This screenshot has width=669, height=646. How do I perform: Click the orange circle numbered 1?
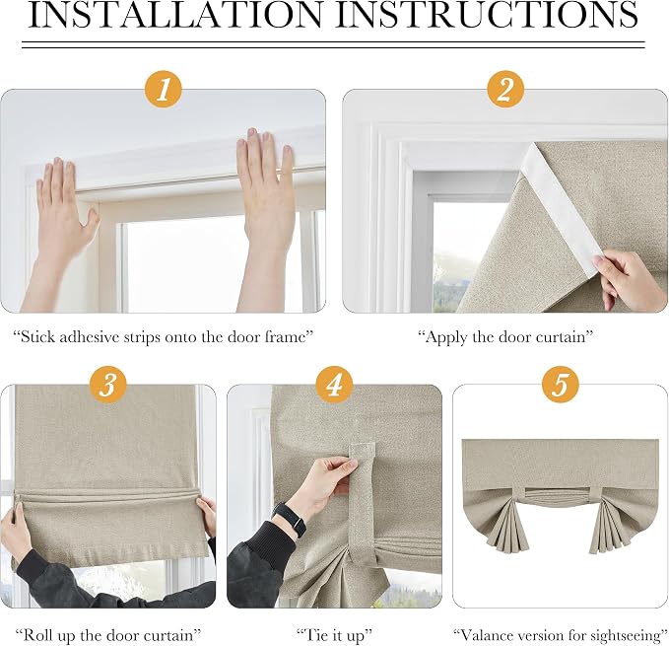point(164,90)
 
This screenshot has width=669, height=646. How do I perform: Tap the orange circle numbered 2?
point(505,90)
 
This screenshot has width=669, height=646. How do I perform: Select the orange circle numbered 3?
point(107,385)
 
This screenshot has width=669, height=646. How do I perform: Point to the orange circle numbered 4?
point(334,385)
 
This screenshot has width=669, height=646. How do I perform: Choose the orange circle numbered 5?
point(561,385)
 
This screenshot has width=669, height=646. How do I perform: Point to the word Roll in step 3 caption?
point(38,635)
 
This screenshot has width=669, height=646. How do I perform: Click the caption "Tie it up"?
point(334,636)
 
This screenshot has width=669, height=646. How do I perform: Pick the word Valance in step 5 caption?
point(491,635)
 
